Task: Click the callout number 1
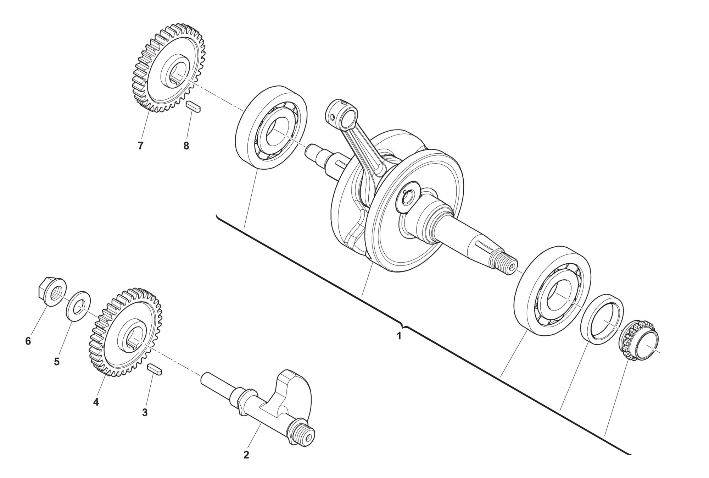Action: pyautogui.click(x=399, y=336)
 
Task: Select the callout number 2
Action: pyautogui.click(x=246, y=455)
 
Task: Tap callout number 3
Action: pyautogui.click(x=145, y=412)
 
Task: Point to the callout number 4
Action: pyautogui.click(x=96, y=402)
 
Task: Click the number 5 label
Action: pyautogui.click(x=57, y=362)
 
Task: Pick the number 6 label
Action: pyautogui.click(x=28, y=341)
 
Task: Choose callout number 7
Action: pyautogui.click(x=140, y=145)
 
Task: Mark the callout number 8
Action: pyautogui.click(x=186, y=145)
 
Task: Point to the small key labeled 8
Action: pyautogui.click(x=194, y=106)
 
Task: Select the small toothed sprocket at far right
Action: pyautogui.click(x=638, y=340)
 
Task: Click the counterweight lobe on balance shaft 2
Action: pyautogui.click(x=296, y=390)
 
